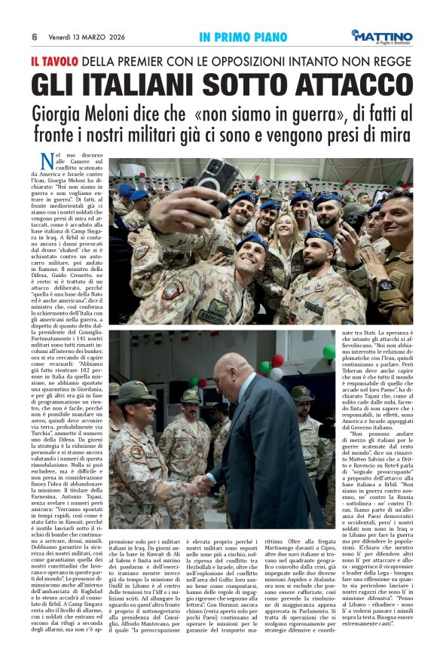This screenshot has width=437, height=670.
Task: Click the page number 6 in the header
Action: tap(35, 37)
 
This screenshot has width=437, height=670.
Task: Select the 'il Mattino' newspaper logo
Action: tap(382, 36)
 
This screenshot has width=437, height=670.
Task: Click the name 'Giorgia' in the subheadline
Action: tap(60, 114)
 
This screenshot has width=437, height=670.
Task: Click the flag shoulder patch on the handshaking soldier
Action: tap(136, 452)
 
